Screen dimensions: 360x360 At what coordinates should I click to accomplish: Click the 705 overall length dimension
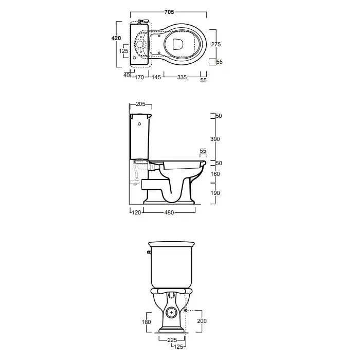169,12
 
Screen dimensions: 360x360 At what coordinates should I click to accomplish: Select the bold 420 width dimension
116,38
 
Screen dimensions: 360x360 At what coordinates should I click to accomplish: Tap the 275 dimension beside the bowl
216,44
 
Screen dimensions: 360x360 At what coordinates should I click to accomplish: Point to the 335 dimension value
182,77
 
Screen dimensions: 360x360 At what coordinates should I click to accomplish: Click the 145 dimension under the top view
156,77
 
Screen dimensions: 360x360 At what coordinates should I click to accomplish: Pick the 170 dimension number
139,77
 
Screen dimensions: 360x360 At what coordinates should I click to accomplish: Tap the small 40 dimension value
127,75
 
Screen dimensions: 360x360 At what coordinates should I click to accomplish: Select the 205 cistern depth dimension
140,104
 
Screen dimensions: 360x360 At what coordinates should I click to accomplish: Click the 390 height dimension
215,139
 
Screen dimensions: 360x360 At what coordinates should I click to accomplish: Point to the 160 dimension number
215,174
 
